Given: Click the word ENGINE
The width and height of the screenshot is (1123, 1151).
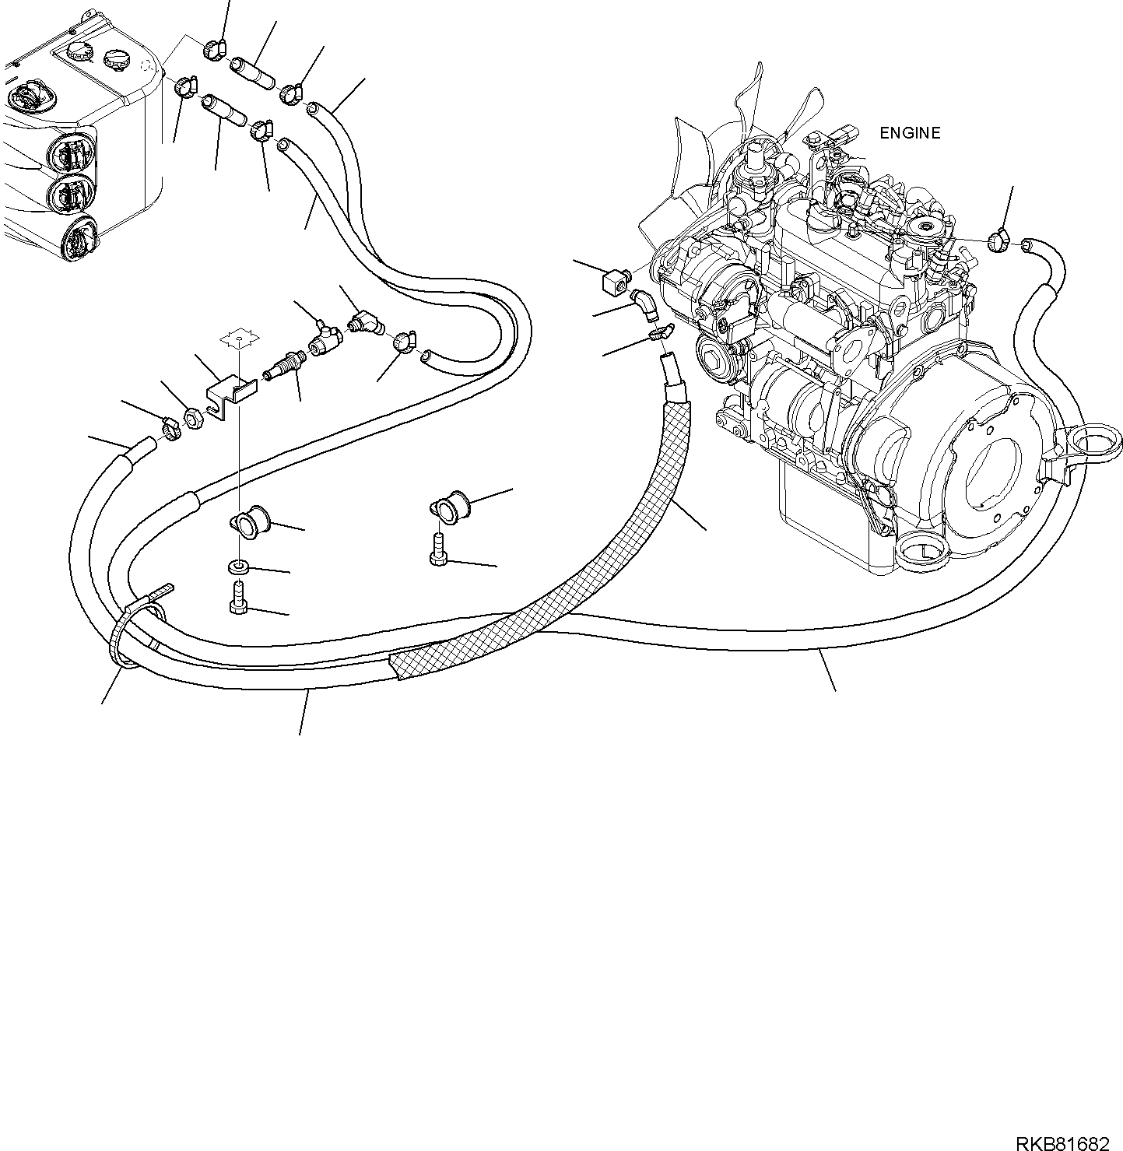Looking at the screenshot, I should [x=909, y=133].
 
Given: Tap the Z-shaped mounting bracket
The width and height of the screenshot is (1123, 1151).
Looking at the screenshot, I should [x=231, y=393].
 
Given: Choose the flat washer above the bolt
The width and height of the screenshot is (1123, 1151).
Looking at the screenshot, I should [x=238, y=565].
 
